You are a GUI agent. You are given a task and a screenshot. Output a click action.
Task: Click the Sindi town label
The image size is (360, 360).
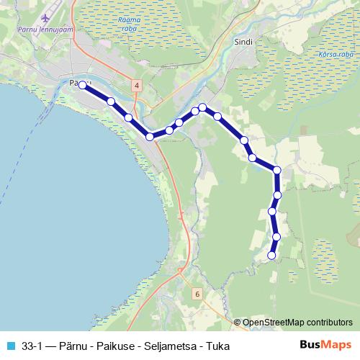[243, 42]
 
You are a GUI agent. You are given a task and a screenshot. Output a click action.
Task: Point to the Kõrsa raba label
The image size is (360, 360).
[335, 55]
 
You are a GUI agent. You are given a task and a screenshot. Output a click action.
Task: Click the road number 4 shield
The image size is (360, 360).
[137, 85]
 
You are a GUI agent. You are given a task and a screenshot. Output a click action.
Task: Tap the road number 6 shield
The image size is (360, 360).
[197, 294]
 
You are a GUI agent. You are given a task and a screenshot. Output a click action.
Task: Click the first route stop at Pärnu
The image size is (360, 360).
[82, 85]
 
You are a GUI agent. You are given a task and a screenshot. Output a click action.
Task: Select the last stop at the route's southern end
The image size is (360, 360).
[272, 255]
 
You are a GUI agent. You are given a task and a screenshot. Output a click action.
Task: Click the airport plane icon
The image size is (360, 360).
[48, 17]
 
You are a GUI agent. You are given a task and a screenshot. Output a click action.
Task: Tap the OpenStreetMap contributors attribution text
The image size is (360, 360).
[297, 323]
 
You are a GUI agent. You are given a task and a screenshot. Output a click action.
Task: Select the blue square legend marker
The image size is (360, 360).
[10, 346]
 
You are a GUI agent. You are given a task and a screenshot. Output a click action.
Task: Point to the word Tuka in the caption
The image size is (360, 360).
[216, 346]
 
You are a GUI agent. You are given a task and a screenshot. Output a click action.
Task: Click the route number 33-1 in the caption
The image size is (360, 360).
[33, 346]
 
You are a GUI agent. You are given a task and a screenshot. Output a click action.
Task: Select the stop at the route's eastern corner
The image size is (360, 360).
[277, 170]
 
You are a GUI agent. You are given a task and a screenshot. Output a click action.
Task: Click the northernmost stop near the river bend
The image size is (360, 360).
[203, 107]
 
